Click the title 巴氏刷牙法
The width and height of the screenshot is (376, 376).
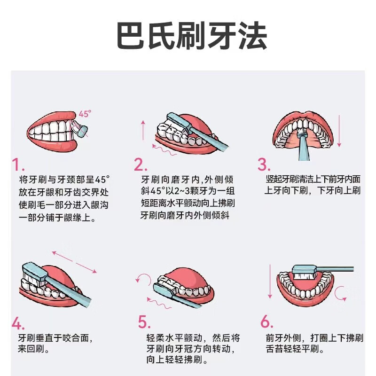click(x=191, y=36)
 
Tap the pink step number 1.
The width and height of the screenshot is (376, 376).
click(x=18, y=165)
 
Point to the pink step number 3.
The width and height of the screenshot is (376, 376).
click(x=264, y=165)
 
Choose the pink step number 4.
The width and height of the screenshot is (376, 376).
click(x=18, y=323)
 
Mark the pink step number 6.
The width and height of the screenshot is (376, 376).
click(x=266, y=322)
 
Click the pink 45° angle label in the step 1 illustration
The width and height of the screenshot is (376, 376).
click(x=85, y=114)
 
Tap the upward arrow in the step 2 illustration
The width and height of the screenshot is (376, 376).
click(x=143, y=129)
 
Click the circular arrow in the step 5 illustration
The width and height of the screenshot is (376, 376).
click(x=141, y=280)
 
